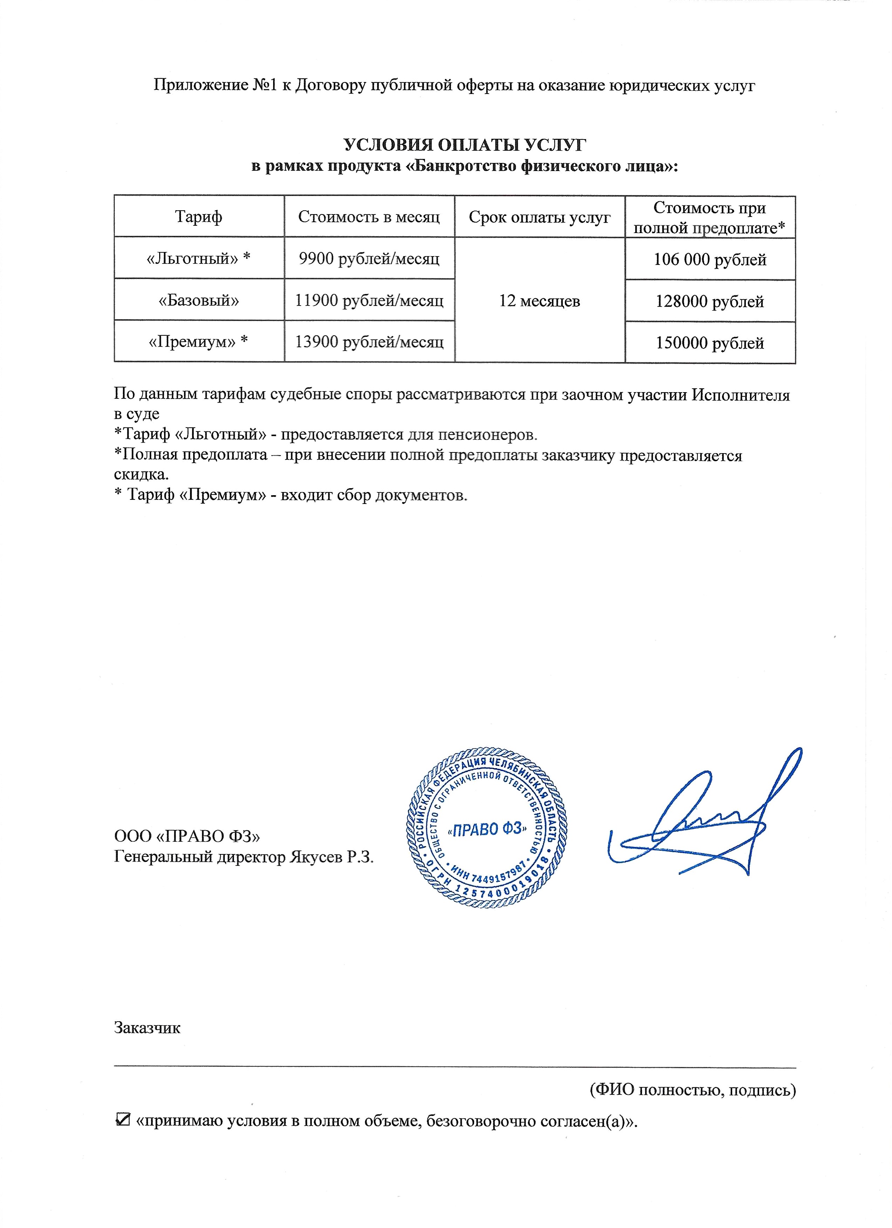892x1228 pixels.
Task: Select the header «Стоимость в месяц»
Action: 369,217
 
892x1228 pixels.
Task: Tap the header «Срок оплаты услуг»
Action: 539,217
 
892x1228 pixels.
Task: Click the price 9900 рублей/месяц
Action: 369,258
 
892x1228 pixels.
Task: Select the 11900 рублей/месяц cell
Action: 369,300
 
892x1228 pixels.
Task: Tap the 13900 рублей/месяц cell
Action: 369,342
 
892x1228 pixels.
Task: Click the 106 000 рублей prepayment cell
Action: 709,259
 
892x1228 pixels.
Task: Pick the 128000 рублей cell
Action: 709,301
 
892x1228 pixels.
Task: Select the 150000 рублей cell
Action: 709,343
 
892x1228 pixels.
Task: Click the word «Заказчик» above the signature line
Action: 147,1027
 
